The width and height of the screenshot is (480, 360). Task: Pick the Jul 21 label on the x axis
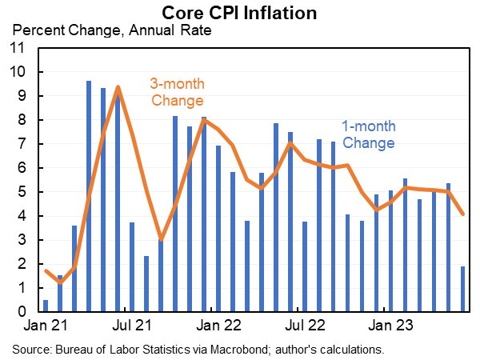click(132, 326)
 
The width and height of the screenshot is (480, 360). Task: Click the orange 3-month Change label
click(177, 92)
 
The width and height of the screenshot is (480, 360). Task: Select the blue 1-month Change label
click(368, 134)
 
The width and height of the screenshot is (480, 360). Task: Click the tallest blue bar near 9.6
click(89, 196)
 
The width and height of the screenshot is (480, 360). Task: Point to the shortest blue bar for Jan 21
click(46, 306)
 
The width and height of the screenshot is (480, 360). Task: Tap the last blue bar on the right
click(463, 289)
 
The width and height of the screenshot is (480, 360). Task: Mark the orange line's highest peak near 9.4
click(118, 87)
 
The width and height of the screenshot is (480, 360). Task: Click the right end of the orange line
click(463, 214)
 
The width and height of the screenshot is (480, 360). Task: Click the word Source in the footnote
click(30, 349)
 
